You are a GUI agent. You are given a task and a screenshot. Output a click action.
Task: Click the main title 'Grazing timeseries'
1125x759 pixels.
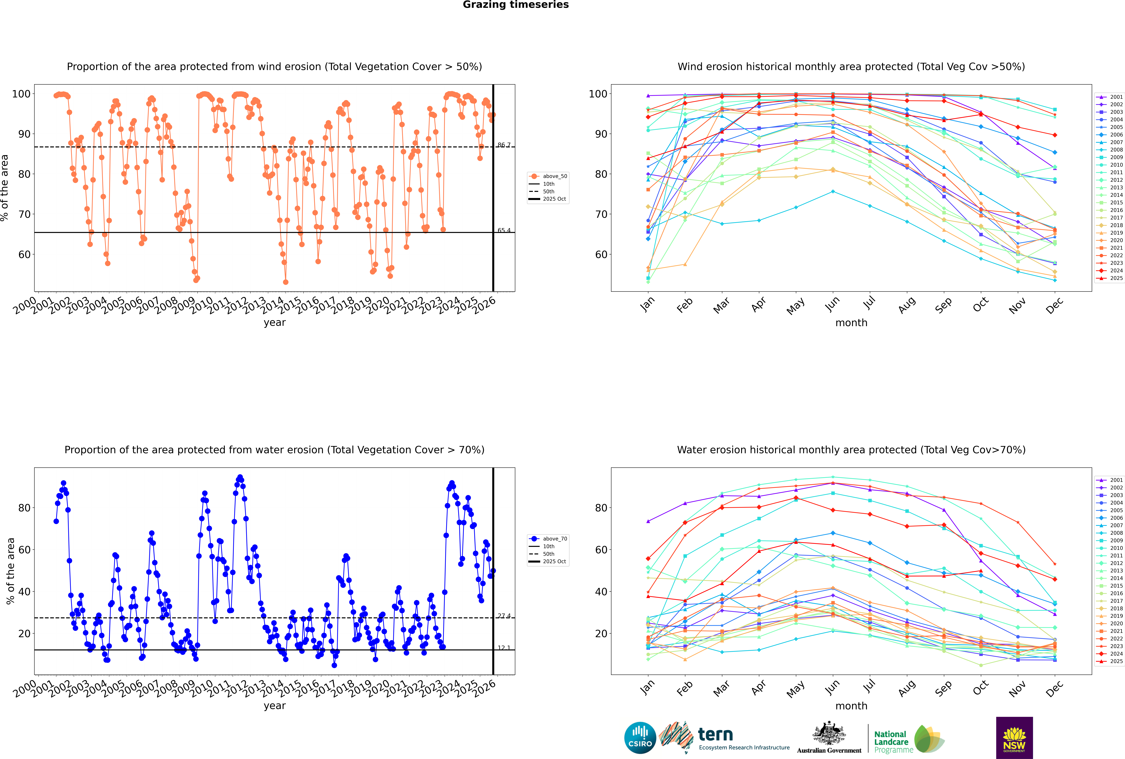pos(516,5)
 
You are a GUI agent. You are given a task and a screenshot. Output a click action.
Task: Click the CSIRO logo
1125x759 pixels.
pos(640,738)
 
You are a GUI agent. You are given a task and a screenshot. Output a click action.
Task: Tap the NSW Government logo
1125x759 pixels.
pos(1014,737)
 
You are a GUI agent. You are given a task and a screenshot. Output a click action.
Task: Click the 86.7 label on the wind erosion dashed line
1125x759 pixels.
pos(504,145)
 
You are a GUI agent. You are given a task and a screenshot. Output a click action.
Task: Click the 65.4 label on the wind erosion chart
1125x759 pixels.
pos(504,230)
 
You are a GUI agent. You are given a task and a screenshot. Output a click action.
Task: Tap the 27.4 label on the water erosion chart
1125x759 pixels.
pos(504,616)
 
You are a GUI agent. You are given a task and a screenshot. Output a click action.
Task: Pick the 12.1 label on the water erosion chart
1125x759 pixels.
pos(504,648)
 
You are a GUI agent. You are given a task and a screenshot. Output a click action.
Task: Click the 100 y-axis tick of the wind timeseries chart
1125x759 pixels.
pos(21,94)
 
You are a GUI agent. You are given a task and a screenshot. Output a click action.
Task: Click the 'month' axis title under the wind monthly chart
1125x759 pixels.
pos(851,323)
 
